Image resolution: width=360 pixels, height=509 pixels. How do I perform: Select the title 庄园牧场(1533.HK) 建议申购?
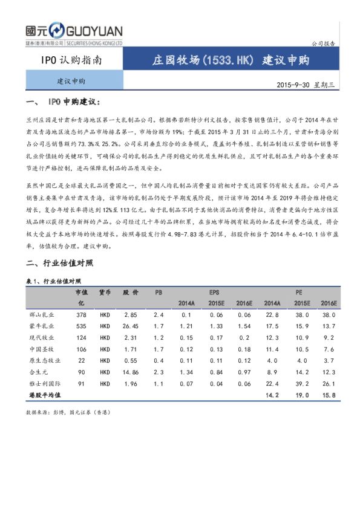(231, 61)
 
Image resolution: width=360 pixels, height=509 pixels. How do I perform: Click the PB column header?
(159, 292)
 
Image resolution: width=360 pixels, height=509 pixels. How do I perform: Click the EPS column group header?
(214, 292)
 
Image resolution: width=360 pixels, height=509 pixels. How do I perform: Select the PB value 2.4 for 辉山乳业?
(159, 316)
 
